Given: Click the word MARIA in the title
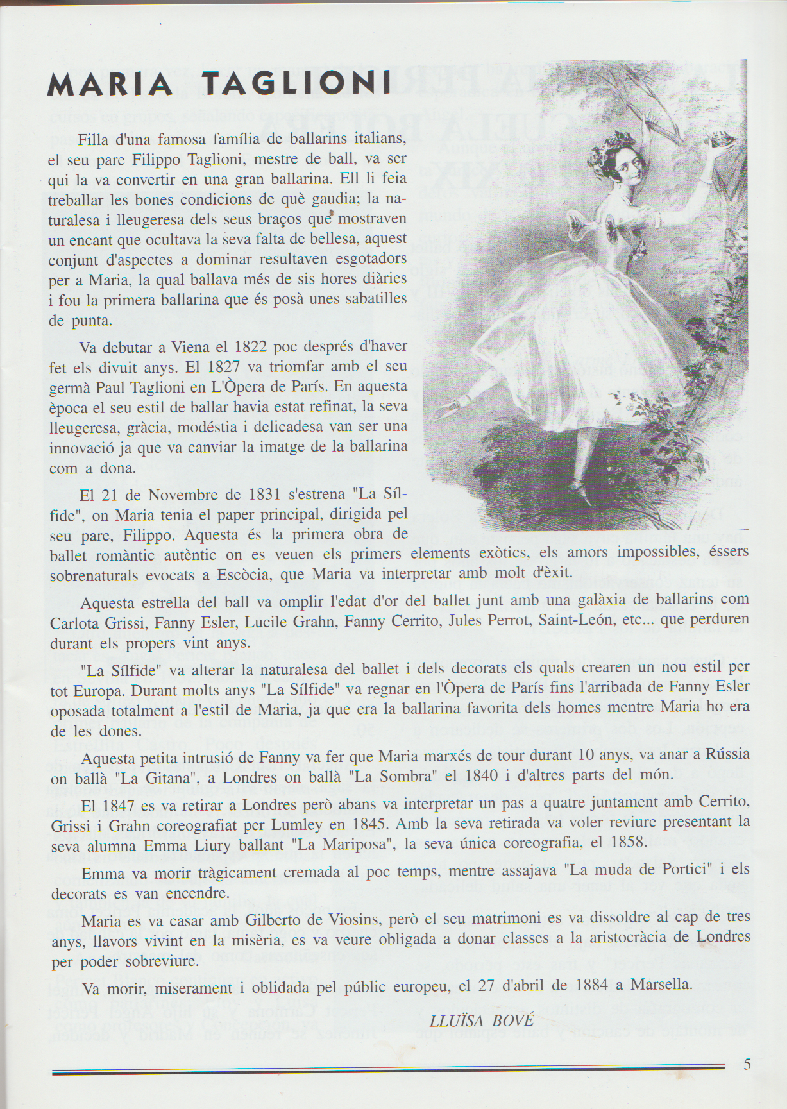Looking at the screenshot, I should pos(110,84).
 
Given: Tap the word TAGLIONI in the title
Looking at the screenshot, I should pos(296,83).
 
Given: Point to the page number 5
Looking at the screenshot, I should pos(747,1064).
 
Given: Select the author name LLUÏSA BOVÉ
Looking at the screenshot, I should pos(482,1020).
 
